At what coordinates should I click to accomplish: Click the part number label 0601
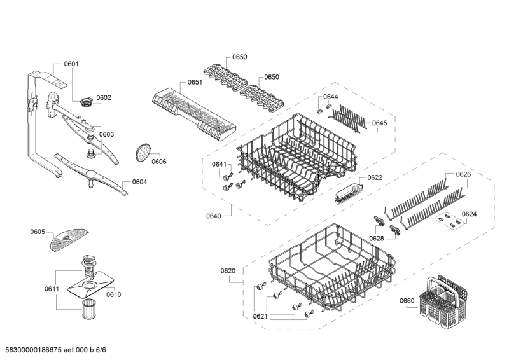coord(71,64)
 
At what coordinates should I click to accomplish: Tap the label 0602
coord(104,98)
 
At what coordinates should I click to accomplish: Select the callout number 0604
coord(139,182)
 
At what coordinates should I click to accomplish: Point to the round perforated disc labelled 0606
coord(143,152)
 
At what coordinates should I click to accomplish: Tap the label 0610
coord(114,294)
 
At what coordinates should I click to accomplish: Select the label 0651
coord(195,82)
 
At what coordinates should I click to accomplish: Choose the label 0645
coord(379,123)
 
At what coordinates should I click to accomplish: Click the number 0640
coord(214,216)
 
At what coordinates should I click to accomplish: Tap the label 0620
coord(228,271)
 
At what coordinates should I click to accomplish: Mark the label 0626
coord(463,174)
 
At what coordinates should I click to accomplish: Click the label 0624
coord(469,214)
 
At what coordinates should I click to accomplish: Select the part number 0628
coord(377,239)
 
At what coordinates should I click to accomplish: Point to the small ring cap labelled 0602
coord(86,102)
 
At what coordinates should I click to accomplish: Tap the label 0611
coord(52,289)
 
